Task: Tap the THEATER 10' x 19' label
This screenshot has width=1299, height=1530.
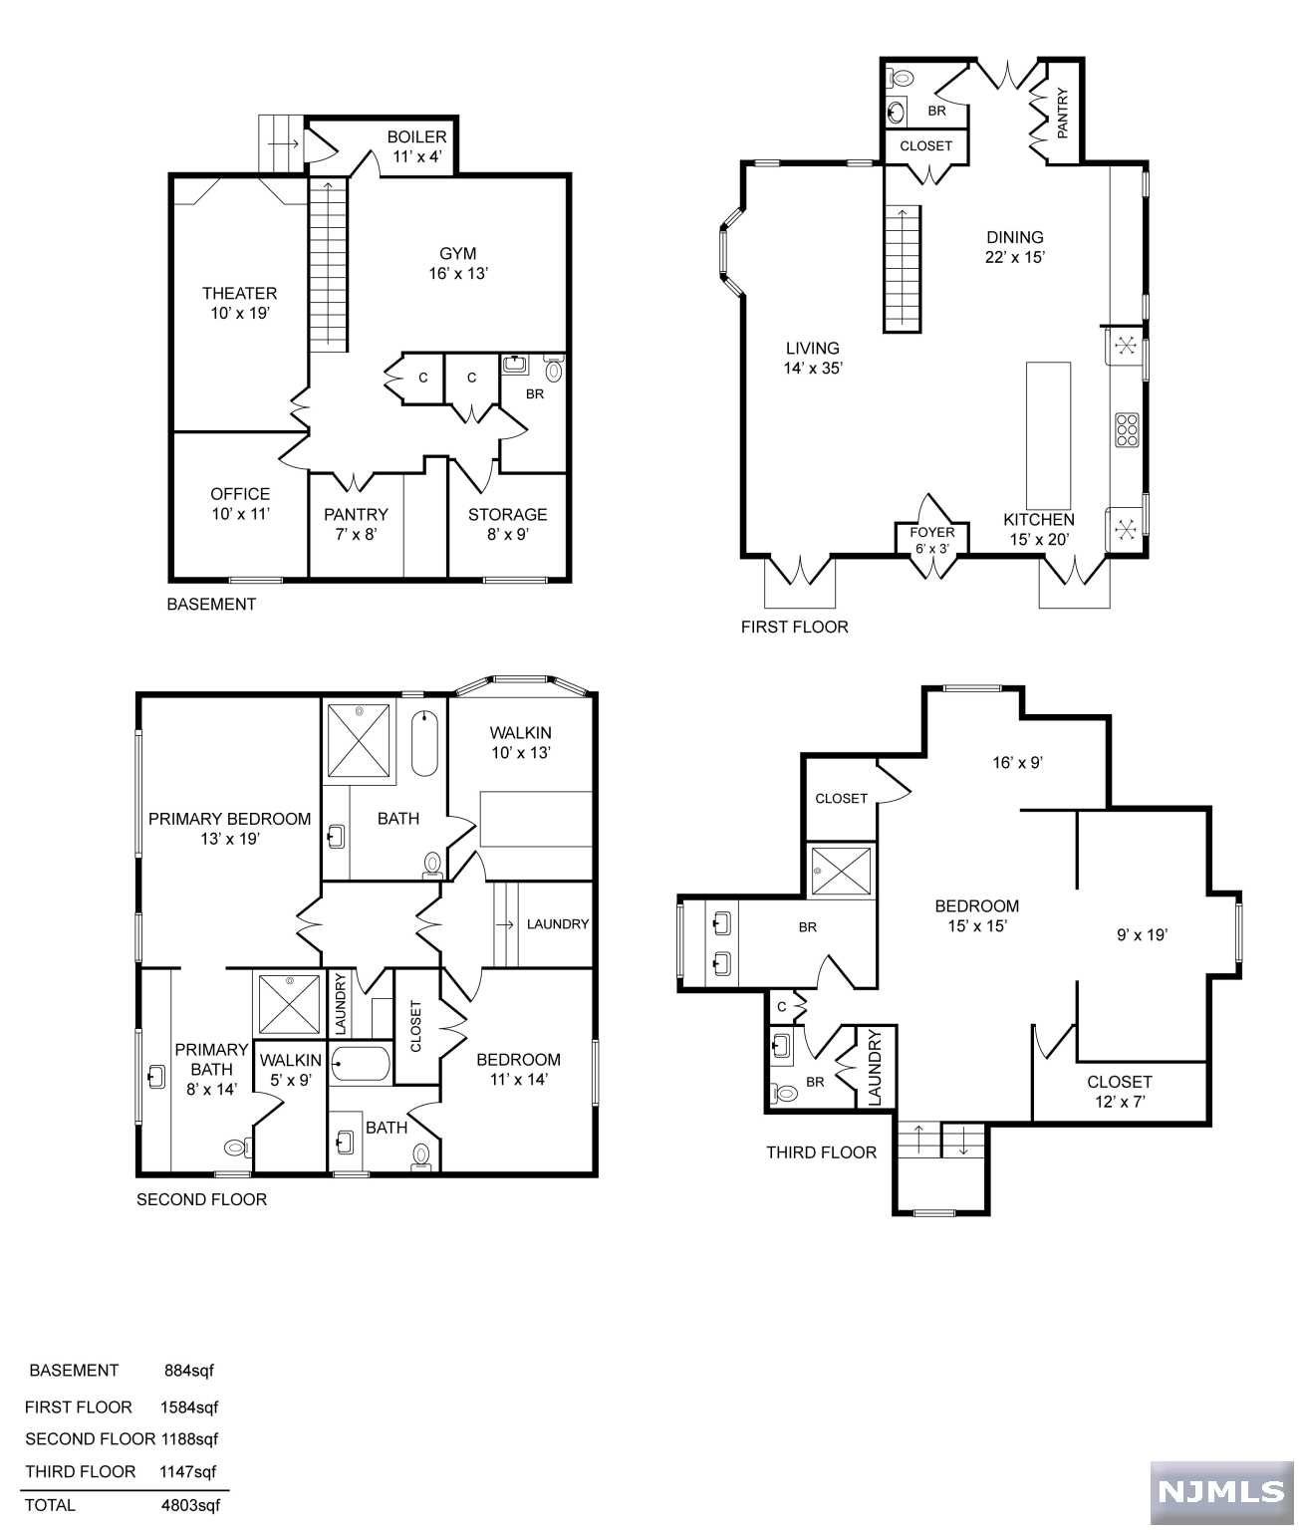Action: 239,303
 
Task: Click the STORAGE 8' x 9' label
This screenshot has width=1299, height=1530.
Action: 507,524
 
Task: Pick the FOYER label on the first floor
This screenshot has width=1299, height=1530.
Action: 931,532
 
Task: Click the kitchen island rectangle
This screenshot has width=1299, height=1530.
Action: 1048,434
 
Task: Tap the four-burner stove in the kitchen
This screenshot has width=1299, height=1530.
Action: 1127,430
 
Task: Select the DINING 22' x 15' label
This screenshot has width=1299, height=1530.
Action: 1014,247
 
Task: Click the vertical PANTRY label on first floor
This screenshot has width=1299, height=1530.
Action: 1062,114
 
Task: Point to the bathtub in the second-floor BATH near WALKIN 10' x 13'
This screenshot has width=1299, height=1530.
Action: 424,742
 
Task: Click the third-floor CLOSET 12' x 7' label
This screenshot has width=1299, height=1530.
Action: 1119,1092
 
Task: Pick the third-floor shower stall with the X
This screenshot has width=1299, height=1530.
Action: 841,872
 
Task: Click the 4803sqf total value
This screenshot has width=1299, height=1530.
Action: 190,1505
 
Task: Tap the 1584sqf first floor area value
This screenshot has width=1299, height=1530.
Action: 189,1407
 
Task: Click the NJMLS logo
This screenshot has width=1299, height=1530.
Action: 1221,1492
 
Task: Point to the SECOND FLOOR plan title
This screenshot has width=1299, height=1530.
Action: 201,1199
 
